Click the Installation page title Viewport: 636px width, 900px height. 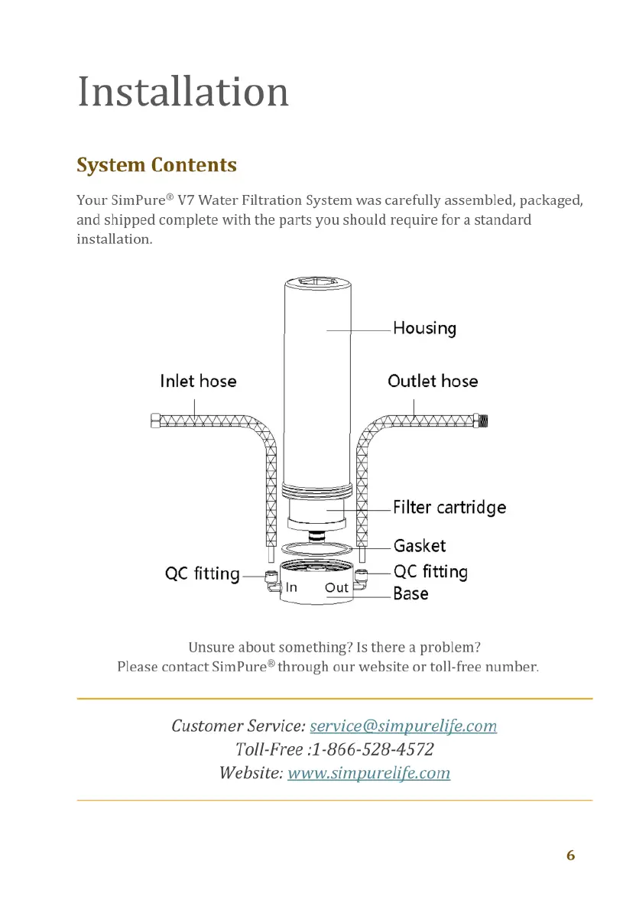(x=183, y=92)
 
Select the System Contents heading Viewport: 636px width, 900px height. (x=157, y=165)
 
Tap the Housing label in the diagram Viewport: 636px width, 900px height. (x=424, y=329)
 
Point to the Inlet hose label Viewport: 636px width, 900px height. (x=198, y=381)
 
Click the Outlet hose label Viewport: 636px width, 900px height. (x=433, y=381)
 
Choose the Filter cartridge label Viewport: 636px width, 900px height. (x=449, y=508)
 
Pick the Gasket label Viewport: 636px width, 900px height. (x=420, y=546)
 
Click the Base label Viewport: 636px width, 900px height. (x=410, y=593)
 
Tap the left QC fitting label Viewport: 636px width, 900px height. (x=203, y=573)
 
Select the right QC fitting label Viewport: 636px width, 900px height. (x=430, y=571)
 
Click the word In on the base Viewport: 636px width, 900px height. (x=291, y=587)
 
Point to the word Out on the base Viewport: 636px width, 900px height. (x=336, y=587)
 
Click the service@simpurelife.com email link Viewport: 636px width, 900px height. (x=404, y=726)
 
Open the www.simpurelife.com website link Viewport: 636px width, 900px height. (x=368, y=772)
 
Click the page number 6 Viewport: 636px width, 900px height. (x=570, y=855)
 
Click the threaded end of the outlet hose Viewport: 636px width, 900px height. (x=488, y=420)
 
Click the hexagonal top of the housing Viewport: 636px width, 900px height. (x=318, y=284)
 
